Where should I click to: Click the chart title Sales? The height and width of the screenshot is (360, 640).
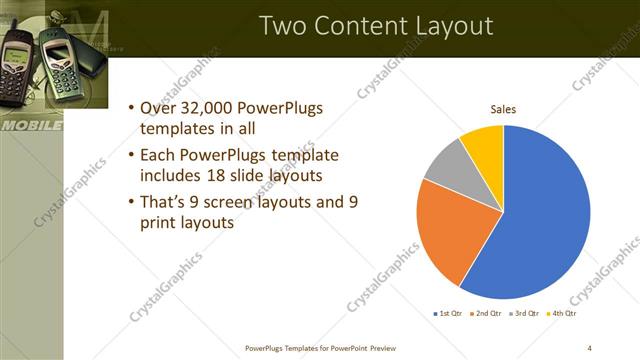point(502,110)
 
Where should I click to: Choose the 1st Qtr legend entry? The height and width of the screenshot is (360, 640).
point(448,314)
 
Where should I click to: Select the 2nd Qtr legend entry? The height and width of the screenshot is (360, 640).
point(485,314)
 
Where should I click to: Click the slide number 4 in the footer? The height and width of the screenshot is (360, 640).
point(589,347)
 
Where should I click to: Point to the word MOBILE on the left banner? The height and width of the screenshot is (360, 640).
point(30,127)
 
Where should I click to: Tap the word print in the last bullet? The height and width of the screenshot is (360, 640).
point(164,223)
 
